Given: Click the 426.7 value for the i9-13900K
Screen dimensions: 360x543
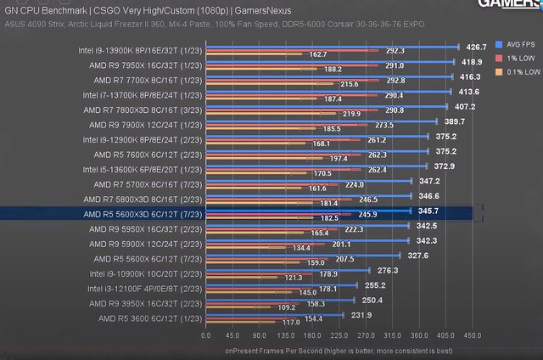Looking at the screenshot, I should pyautogui.click(x=477, y=47).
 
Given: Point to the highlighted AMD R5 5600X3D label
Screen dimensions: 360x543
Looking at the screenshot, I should pyautogui.click(x=142, y=214).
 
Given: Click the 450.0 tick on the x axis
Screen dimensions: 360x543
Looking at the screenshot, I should pyautogui.click(x=472, y=335).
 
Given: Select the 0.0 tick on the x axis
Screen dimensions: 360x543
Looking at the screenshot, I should pyautogui.click(x=206, y=335).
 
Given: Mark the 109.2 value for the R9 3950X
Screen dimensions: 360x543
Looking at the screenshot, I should pyautogui.click(x=288, y=307).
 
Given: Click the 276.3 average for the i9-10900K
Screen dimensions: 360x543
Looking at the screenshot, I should pyautogui.click(x=388, y=269).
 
